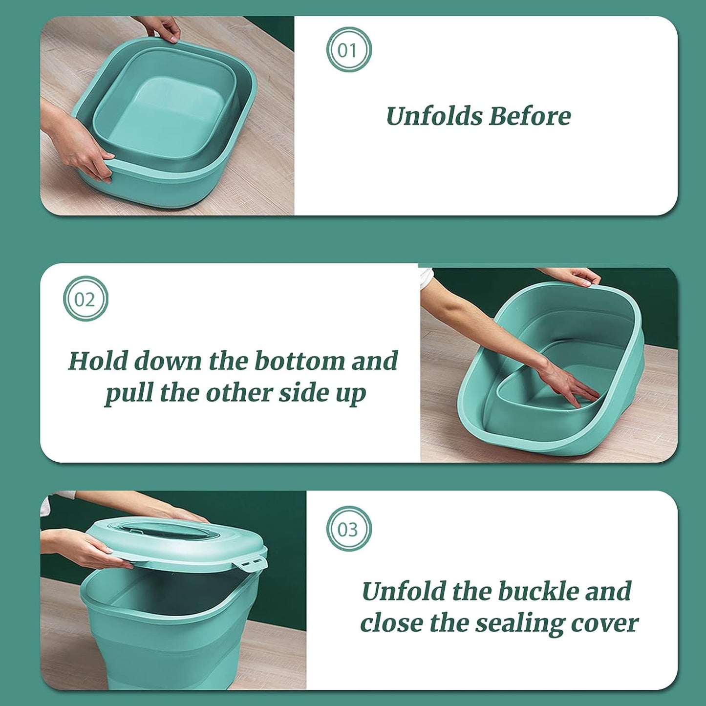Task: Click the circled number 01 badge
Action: (x=349, y=50)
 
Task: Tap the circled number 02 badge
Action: (x=86, y=299)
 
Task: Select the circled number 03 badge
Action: (x=349, y=529)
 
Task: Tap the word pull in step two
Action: (x=128, y=394)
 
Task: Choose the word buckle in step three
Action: (x=538, y=591)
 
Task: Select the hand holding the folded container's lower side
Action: (x=83, y=151)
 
